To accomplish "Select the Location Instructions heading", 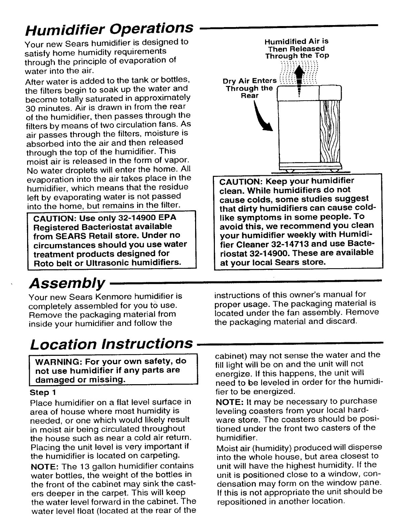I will pos(111,344).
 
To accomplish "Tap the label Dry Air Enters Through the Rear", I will pos(250,88).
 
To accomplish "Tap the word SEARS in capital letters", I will pos(69,235).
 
